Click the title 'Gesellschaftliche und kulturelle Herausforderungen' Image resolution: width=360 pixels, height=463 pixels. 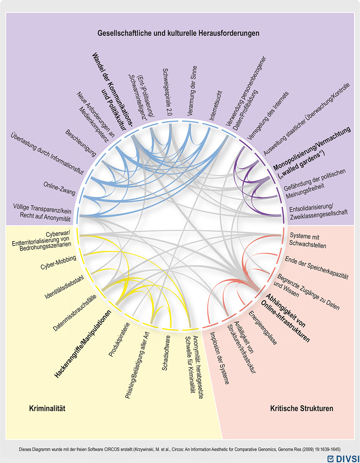coord(178,33)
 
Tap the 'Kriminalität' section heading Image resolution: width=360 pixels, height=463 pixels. coord(47,408)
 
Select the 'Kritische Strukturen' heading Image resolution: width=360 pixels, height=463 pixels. coord(302,408)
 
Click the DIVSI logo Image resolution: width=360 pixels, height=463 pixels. coord(344,459)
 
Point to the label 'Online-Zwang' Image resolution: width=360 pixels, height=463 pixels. coord(59,188)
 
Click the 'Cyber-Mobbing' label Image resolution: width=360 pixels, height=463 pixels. coord(58,262)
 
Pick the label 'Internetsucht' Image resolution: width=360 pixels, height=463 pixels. coord(216,105)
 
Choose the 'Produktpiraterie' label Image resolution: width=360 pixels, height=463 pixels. coord(119,340)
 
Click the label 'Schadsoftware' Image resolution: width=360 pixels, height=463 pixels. coord(166,353)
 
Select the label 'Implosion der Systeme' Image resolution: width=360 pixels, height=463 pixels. coord(219,358)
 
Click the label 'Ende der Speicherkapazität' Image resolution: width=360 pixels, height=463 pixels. coord(317,268)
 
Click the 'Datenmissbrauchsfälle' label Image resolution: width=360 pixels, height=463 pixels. coord(75,313)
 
